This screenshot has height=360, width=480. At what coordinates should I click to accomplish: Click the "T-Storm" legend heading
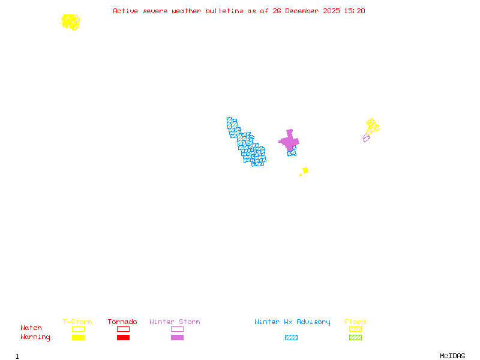click(77, 322)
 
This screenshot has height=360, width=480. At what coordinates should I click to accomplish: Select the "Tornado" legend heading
click(122, 322)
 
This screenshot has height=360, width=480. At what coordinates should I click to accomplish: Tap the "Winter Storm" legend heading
click(175, 322)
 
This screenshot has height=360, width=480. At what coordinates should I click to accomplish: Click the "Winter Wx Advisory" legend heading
click(292, 322)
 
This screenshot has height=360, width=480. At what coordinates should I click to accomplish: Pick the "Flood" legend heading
click(355, 322)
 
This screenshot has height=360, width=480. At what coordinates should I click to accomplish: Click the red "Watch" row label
click(31, 328)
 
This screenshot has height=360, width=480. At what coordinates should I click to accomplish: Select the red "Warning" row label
click(35, 337)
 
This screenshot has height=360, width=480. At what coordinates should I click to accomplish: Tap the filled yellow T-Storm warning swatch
click(78, 337)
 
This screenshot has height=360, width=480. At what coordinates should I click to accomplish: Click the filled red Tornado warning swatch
click(123, 337)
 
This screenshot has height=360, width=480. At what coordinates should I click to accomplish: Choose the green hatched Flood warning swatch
click(355, 337)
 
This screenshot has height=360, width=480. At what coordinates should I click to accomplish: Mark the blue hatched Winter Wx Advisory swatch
click(291, 337)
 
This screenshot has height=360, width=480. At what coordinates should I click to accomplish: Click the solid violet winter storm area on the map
click(290, 141)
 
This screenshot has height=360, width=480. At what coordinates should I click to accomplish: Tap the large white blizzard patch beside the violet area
click(281, 149)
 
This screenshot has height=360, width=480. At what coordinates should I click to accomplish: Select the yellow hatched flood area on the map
click(373, 127)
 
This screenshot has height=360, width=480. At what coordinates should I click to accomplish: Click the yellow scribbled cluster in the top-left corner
click(71, 22)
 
